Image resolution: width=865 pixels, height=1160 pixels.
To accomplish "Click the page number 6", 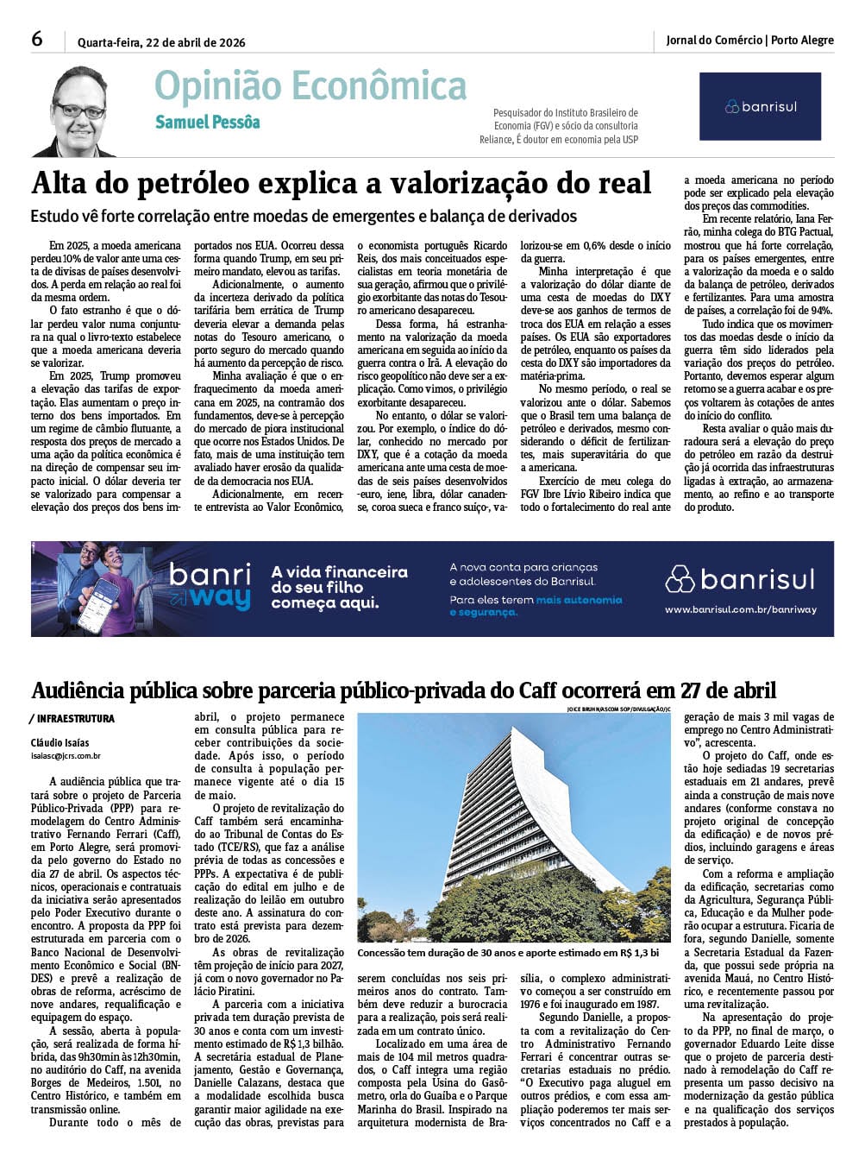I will pos(37,39).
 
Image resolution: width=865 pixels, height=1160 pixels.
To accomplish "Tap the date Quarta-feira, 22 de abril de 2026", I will pos(161,42).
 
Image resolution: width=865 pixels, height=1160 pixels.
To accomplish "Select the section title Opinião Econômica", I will pos(310,86).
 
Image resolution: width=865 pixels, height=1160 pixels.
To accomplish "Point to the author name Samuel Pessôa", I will pos(207,123).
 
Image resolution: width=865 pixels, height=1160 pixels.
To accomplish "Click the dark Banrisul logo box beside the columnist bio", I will pos(760,106).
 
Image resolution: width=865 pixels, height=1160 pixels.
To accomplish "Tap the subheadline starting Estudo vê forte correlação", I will pos(304,216).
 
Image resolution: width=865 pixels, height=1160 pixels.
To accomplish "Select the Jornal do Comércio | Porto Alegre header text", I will pos(749,40).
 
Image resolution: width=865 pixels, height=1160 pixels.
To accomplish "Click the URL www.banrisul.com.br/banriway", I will pos(740,609).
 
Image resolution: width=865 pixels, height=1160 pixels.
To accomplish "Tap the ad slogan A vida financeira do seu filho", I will pos(339,587).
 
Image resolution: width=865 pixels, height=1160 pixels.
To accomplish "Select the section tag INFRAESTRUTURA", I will pos(76,719).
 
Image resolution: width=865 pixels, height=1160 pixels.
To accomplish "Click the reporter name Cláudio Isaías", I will pos(60,742).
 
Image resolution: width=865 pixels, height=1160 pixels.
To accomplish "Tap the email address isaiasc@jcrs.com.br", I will pos(66,756).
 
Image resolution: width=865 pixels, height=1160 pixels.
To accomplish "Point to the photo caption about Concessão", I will pos(508,953).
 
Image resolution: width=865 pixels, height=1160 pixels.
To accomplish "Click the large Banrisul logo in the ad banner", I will pos(740,578).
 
